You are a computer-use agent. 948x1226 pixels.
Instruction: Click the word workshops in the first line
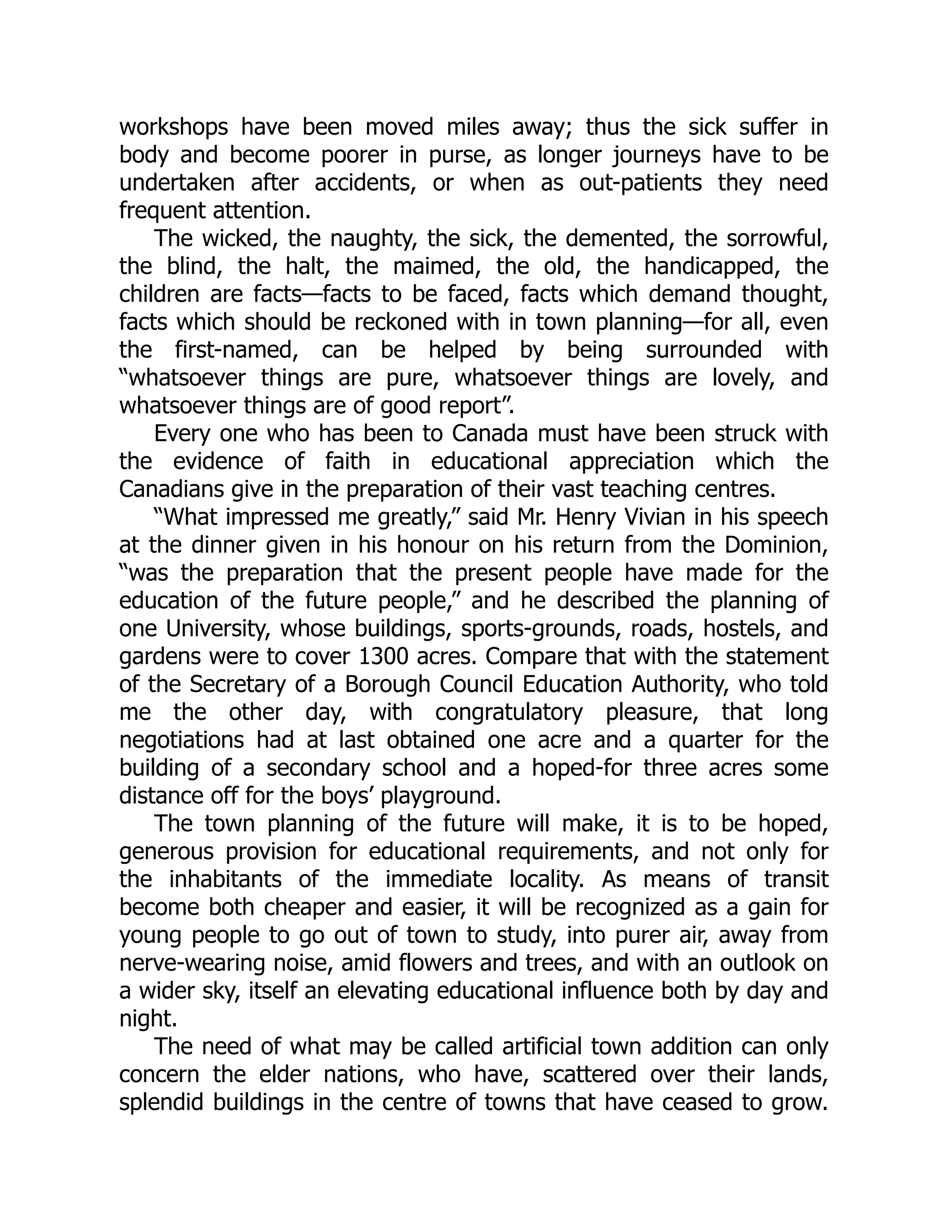coord(174,128)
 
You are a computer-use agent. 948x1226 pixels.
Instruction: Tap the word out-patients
coord(640,184)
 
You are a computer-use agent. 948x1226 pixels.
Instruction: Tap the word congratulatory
coord(509,712)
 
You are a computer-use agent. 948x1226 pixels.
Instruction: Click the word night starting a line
coord(145,1019)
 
